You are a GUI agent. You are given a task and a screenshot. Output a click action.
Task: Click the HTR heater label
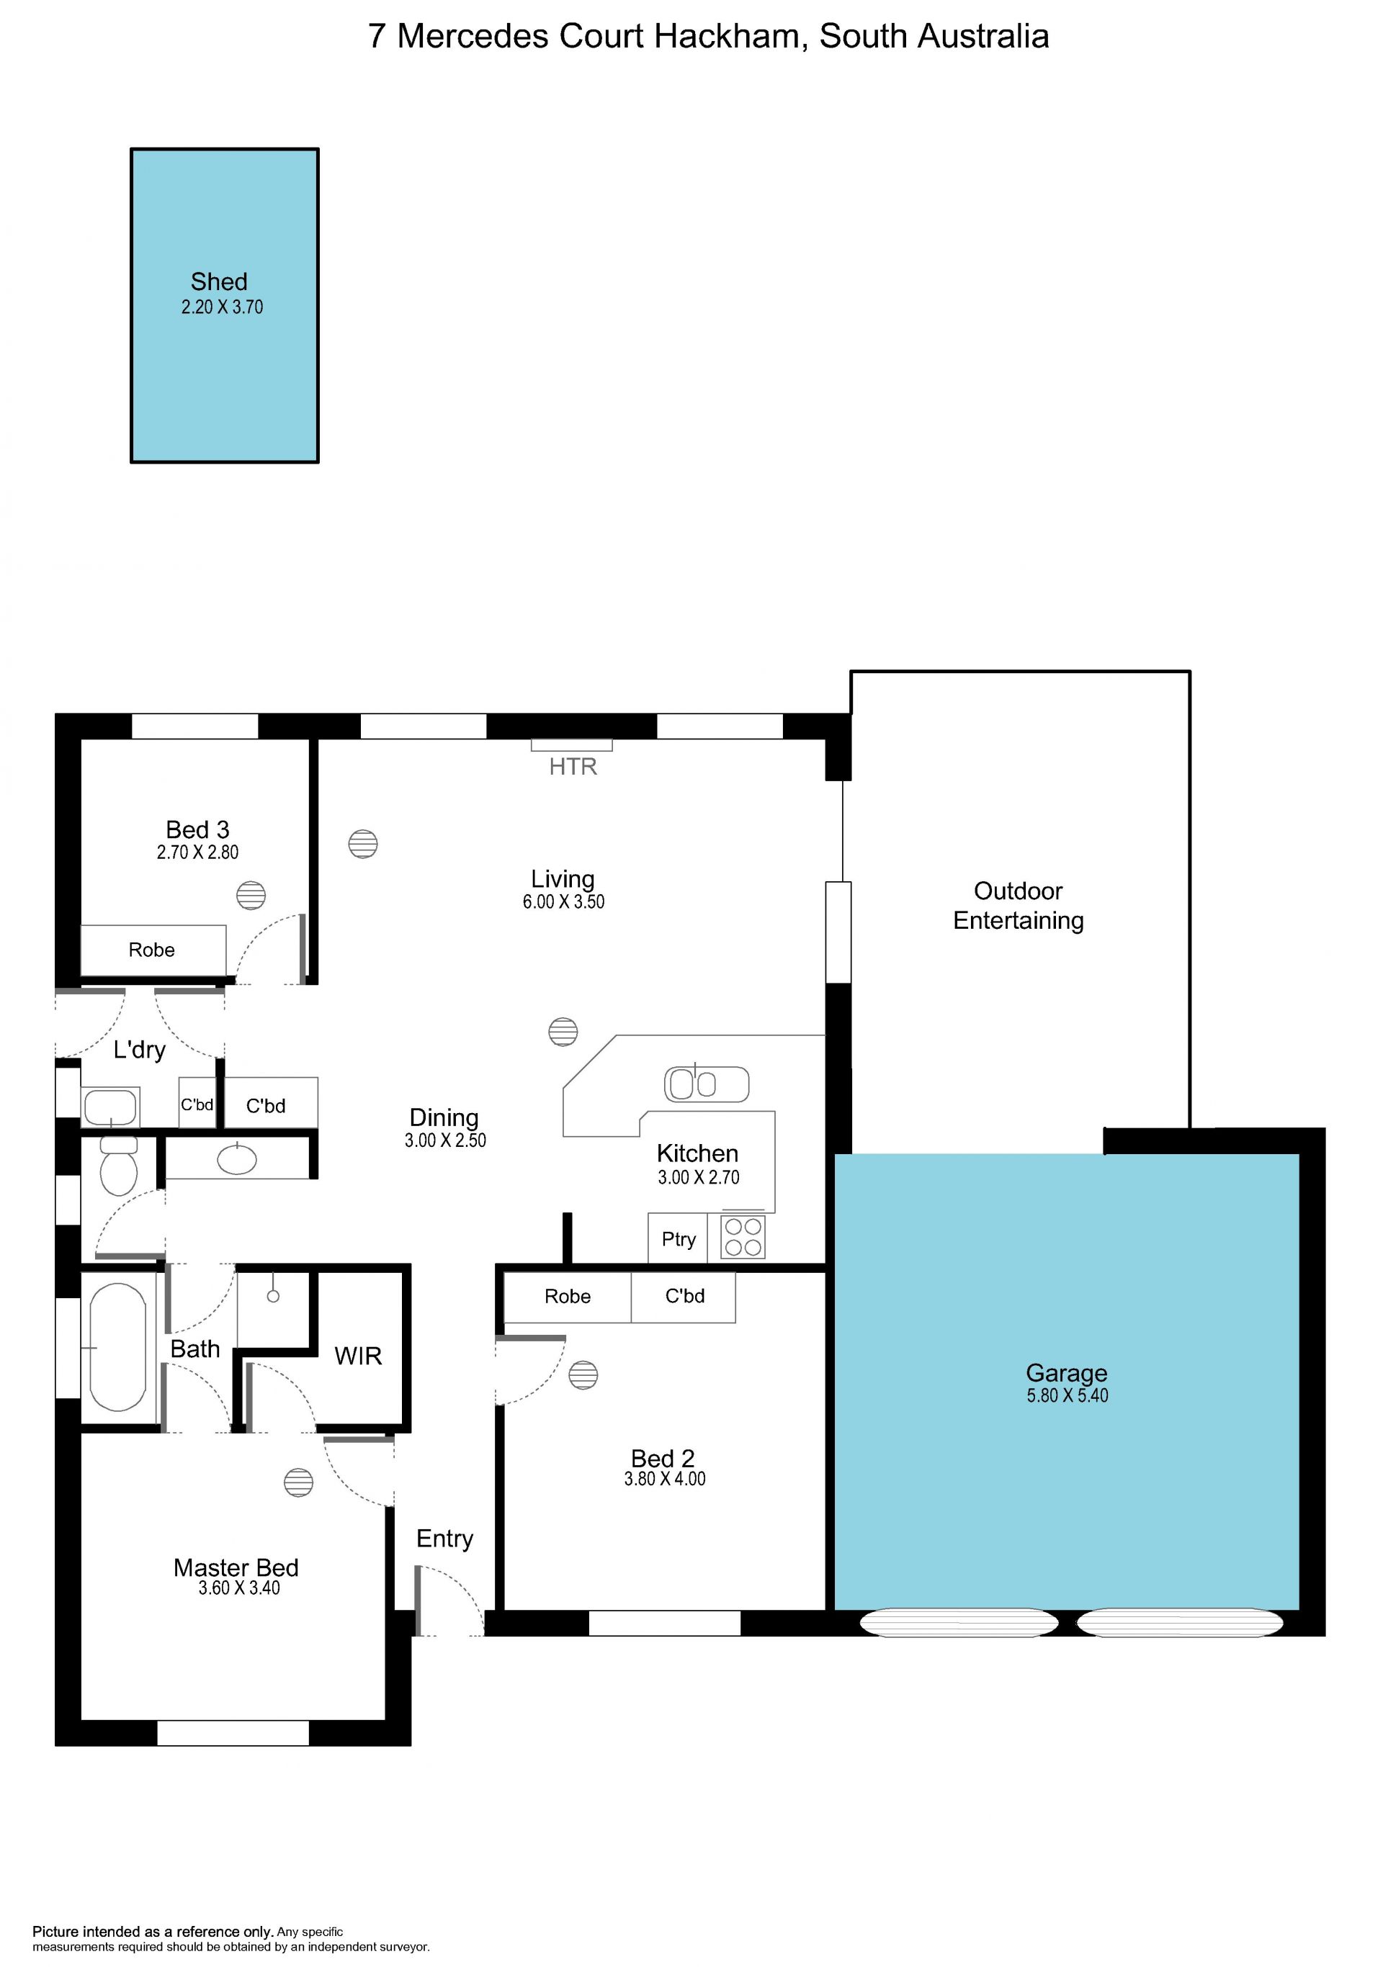point(573,766)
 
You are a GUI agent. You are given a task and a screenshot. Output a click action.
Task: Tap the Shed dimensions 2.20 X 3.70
point(222,307)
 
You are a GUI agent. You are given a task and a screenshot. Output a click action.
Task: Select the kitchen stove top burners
point(743,1237)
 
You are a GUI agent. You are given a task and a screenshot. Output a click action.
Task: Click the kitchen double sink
point(706,1084)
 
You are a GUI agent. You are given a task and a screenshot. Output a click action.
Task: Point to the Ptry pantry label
point(679,1239)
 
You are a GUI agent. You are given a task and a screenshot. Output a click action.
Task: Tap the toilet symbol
point(118,1166)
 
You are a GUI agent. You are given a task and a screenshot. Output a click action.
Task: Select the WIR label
point(358,1356)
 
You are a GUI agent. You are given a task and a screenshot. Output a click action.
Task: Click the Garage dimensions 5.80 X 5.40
point(1067,1395)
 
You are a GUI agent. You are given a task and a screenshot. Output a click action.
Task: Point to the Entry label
point(444,1539)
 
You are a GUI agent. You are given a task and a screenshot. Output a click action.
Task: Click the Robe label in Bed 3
point(152,950)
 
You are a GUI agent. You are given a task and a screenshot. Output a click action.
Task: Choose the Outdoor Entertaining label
point(1018,906)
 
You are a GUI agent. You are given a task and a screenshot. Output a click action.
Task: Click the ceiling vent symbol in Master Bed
point(298,1482)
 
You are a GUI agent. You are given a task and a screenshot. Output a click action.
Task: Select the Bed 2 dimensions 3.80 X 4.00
point(665,1479)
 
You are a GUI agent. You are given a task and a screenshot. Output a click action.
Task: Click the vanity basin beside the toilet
point(238,1159)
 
